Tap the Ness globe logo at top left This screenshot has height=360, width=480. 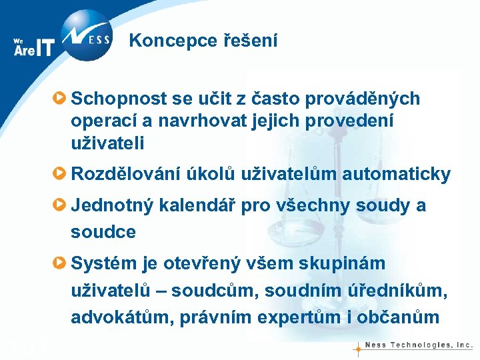[86, 35]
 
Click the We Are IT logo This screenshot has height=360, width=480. [33, 47]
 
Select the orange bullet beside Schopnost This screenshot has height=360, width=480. [60, 99]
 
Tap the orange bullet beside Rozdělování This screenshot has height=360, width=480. [60, 175]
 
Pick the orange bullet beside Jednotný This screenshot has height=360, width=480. [60, 205]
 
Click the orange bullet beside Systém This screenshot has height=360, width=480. [60, 263]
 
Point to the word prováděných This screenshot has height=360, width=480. [366, 99]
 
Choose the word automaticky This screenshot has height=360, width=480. [396, 175]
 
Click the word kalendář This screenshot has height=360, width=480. [197, 205]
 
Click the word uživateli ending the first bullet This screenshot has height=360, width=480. [107, 143]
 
